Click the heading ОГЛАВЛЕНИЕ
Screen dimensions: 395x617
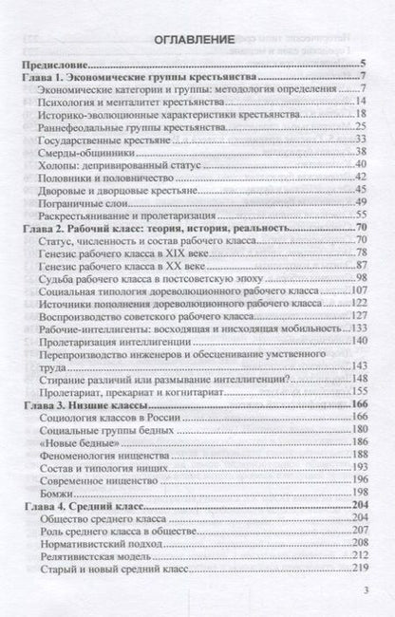point(197,42)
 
